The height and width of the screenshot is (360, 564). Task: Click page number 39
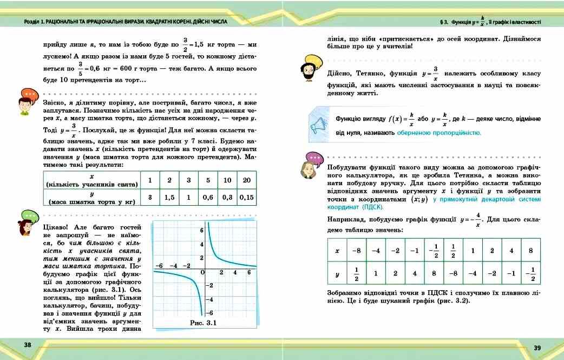537,348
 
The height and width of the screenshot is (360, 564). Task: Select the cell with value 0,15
247,198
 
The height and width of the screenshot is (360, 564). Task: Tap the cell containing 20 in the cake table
247,180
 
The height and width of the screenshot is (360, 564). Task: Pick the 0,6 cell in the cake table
208,198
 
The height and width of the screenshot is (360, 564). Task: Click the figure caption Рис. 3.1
203,323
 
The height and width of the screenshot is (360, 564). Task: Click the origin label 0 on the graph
202,273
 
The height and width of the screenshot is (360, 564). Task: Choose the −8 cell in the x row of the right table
357,251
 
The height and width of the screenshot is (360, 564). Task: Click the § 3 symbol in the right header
443,22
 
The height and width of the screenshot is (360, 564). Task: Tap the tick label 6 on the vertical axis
201,230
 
